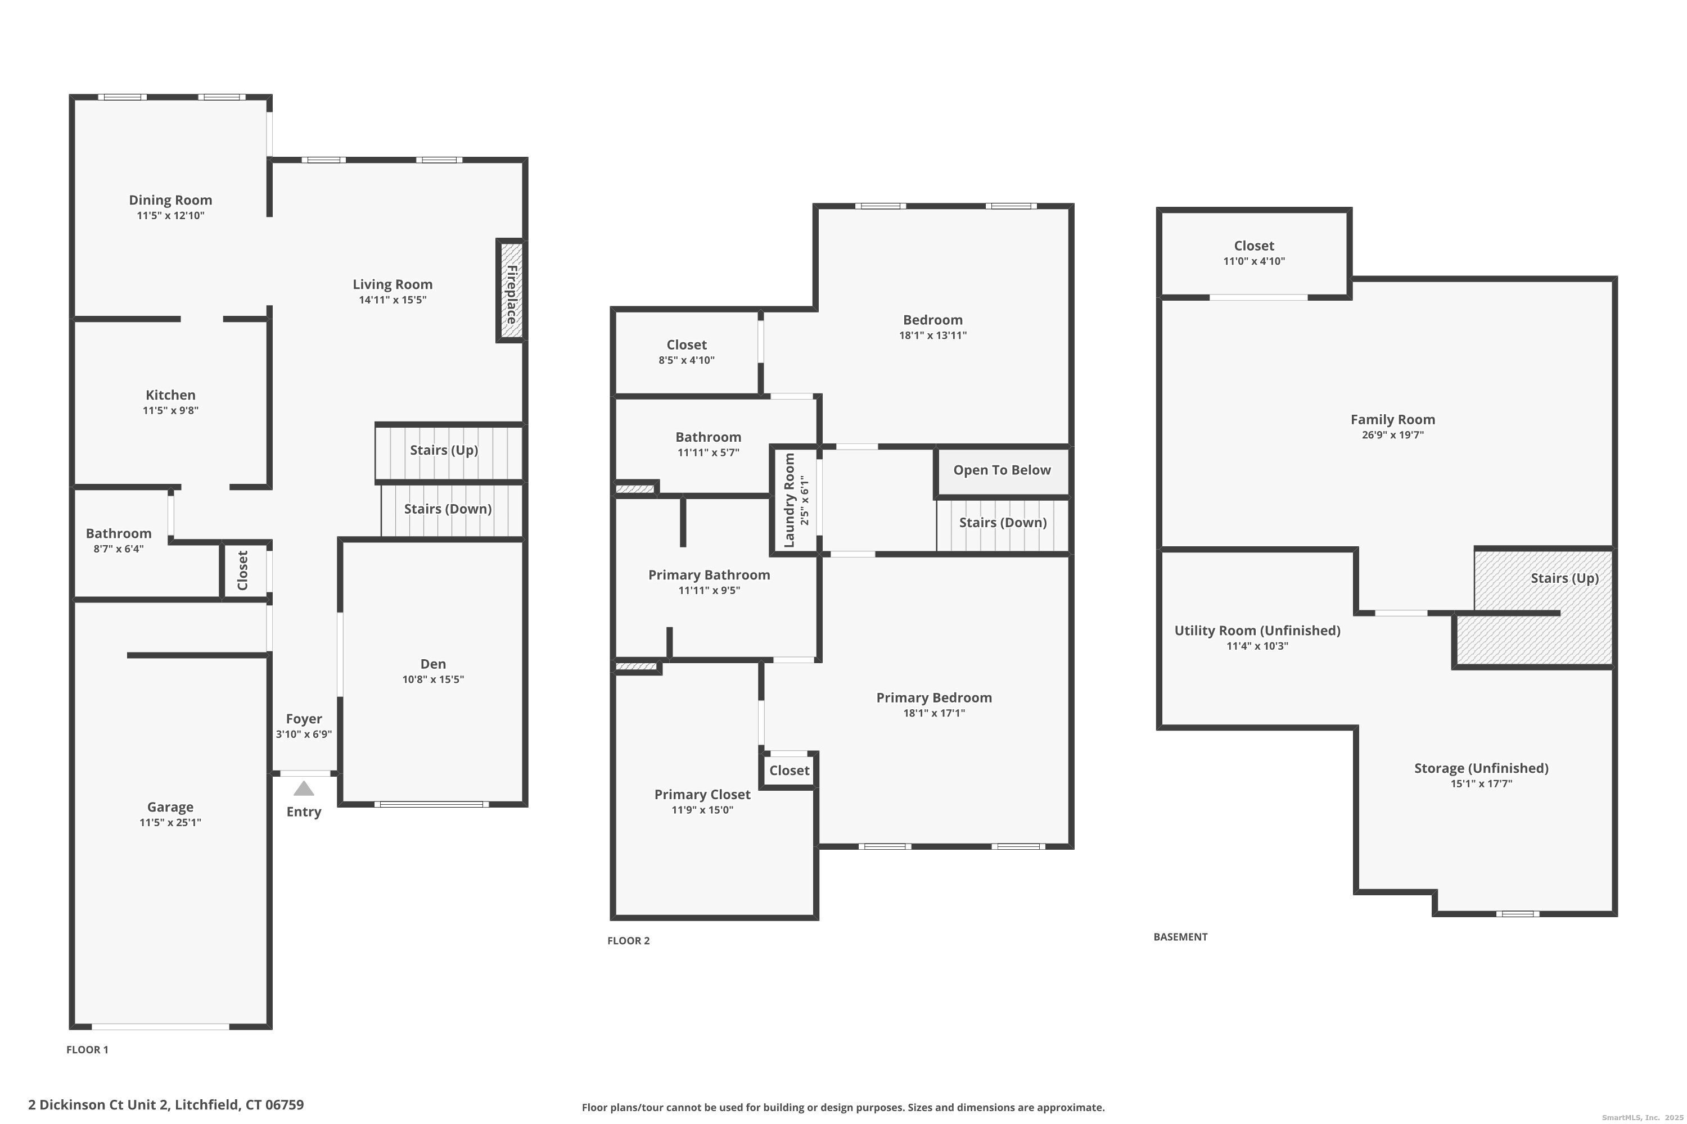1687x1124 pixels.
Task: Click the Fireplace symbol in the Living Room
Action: (511, 291)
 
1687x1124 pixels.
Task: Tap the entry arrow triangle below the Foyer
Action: (304, 788)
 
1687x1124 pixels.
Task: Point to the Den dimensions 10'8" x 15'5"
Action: (432, 679)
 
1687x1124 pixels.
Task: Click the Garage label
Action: (170, 807)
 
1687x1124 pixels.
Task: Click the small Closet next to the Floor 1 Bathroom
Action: (243, 570)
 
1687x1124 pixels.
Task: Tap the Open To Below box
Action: (1002, 470)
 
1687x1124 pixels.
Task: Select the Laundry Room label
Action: (789, 500)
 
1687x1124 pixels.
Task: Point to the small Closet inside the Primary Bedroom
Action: (789, 771)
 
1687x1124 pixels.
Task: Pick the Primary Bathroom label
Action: (709, 575)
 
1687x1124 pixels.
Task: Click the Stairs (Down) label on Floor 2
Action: (1002, 523)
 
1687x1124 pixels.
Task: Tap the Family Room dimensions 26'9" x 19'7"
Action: (1392, 435)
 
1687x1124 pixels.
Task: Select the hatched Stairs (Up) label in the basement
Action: (1564, 578)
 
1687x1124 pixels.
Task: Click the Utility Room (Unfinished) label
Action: (1257, 631)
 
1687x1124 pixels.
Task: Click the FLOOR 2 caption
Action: (628, 940)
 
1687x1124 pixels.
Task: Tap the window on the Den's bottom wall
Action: (431, 804)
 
